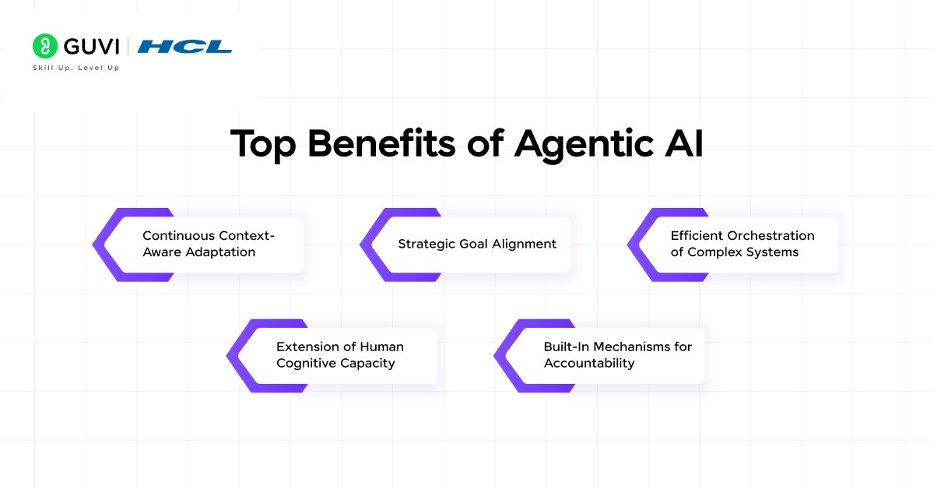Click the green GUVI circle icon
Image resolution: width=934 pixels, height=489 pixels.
[x=45, y=46]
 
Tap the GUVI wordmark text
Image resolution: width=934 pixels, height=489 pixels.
[x=92, y=46]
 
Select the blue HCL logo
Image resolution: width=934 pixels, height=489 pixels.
[x=184, y=46]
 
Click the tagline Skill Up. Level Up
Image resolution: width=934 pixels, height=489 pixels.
[x=76, y=68]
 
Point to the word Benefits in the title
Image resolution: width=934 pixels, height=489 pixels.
[x=381, y=143]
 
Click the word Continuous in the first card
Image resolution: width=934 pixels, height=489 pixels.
[x=179, y=236]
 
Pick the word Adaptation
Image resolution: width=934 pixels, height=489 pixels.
[x=220, y=252]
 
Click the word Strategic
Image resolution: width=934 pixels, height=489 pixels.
[x=427, y=244]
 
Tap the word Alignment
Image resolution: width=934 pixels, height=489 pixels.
[x=524, y=244]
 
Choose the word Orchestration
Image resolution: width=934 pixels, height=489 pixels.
[x=771, y=236]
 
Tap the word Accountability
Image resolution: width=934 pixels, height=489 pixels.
[x=589, y=364]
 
